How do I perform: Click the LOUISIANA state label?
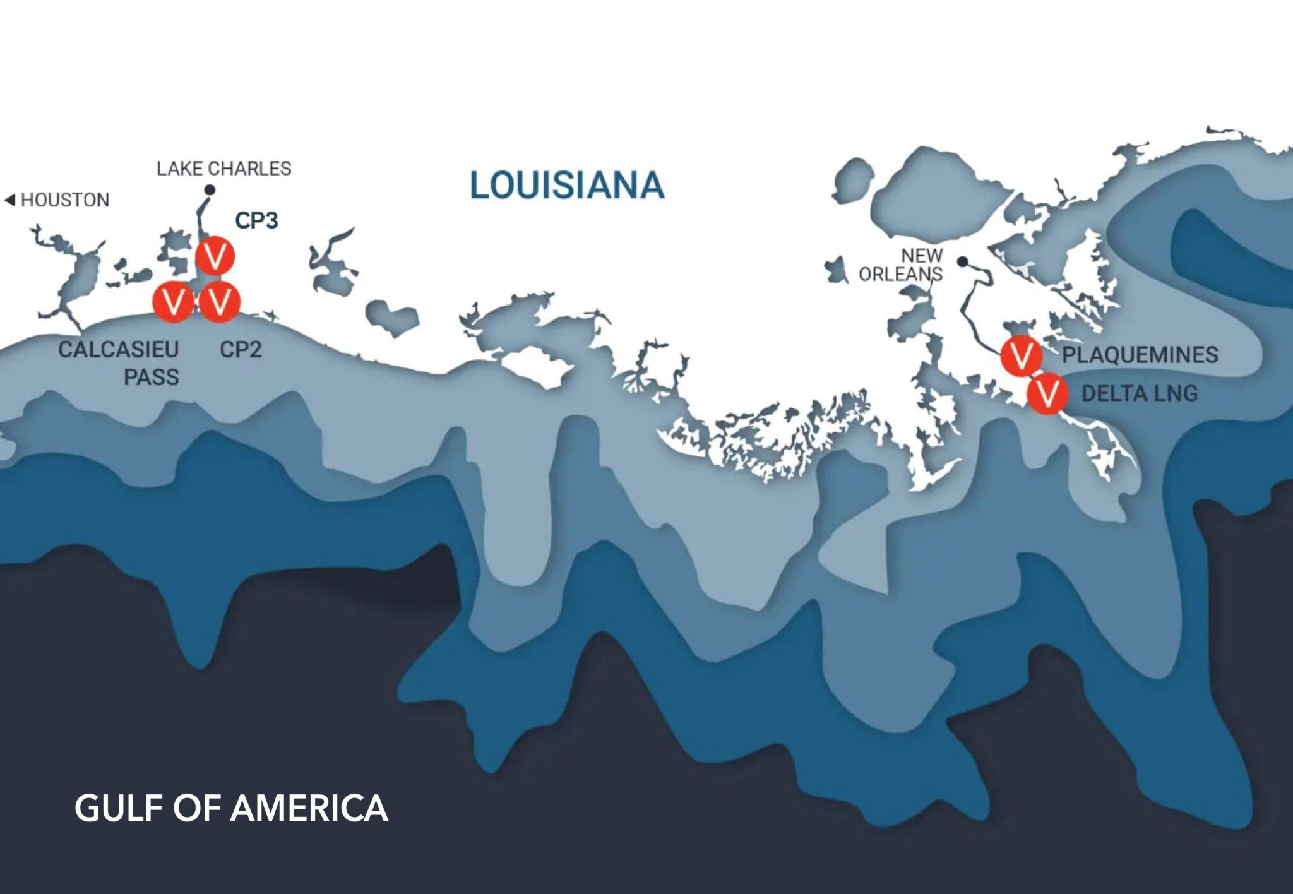[566, 185]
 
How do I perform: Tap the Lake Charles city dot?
[210, 189]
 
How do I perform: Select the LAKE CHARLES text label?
[224, 169]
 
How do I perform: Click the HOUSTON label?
[65, 200]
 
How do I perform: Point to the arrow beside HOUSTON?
[9, 200]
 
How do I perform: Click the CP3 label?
[256, 220]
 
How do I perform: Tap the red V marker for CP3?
[215, 256]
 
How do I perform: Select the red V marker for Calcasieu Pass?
[173, 302]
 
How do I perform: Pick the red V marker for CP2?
[220, 302]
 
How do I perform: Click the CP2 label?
[241, 349]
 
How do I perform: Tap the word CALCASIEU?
[119, 349]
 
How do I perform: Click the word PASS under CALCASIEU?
[152, 378]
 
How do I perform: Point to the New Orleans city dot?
[962, 261]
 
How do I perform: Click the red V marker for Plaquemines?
[1021, 356]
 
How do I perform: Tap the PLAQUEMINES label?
[1140, 355]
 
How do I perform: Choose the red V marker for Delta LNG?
[1047, 393]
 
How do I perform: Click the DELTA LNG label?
[1140, 394]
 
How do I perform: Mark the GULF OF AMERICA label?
[231, 808]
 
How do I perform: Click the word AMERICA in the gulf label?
[309, 808]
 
